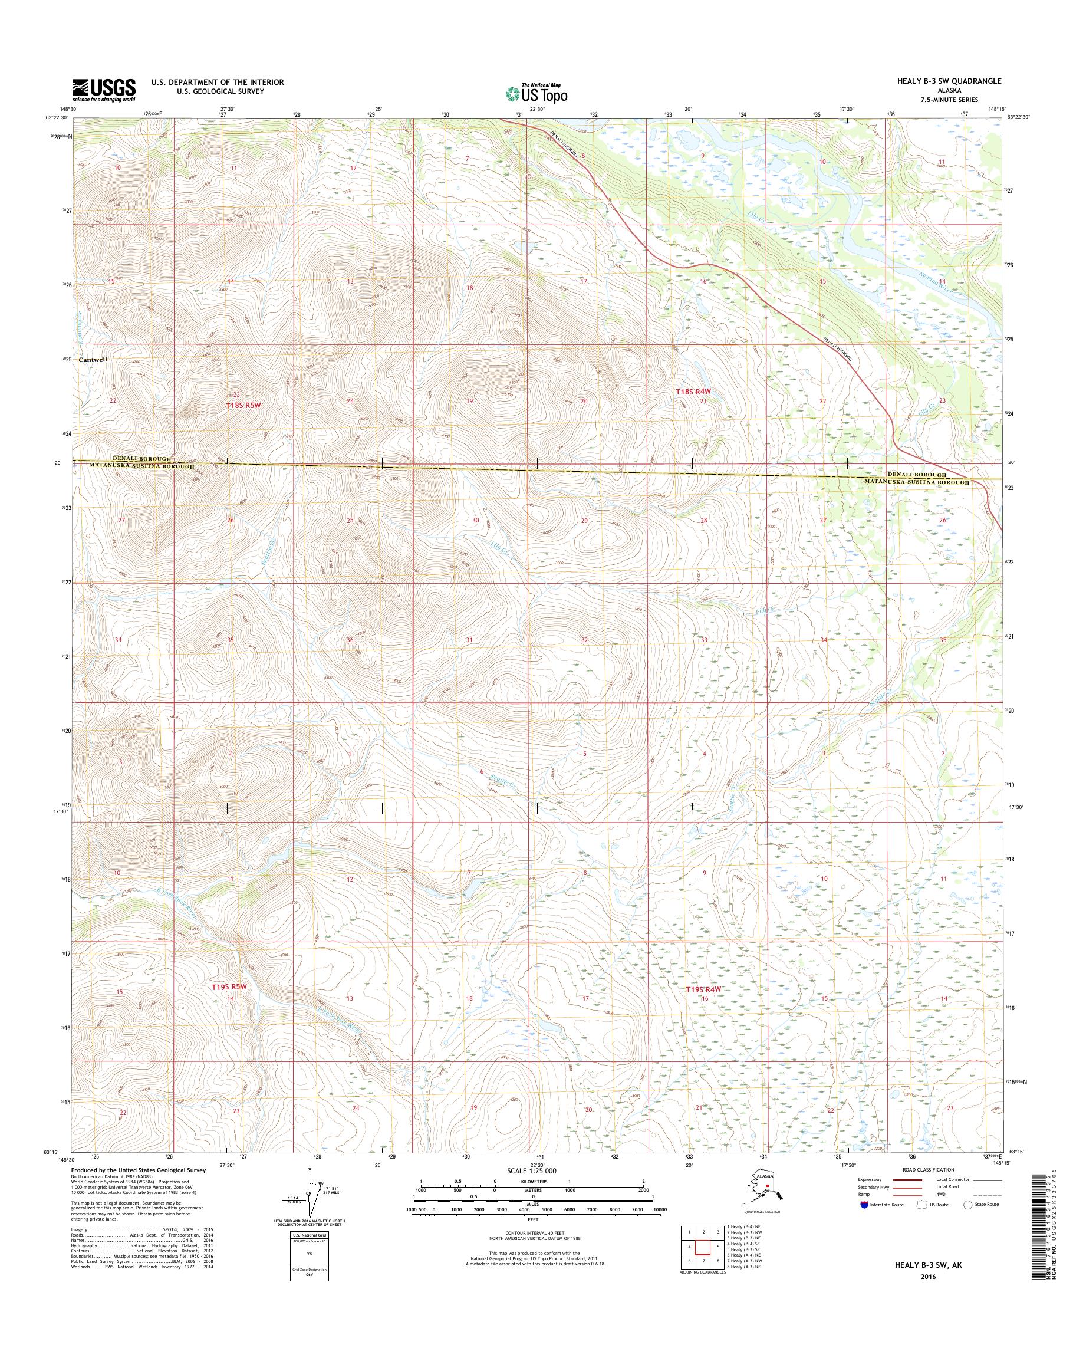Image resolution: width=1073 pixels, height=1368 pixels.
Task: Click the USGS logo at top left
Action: click(x=103, y=90)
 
